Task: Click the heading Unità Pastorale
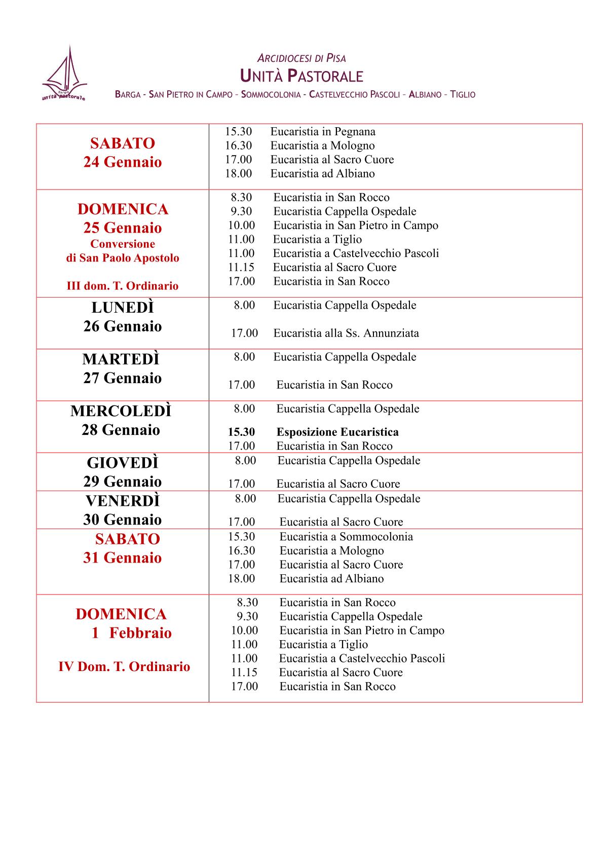pyautogui.click(x=301, y=76)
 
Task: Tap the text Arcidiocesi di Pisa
pyautogui.click(x=301, y=58)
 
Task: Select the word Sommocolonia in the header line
pyautogui.click(x=271, y=94)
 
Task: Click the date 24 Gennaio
pyautogui.click(x=123, y=162)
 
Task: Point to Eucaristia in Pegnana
pyautogui.click(x=323, y=132)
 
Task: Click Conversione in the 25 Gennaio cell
pyautogui.click(x=123, y=244)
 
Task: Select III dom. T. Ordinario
pyautogui.click(x=123, y=286)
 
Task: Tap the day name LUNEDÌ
pyautogui.click(x=123, y=308)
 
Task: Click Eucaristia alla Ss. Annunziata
pyautogui.click(x=346, y=333)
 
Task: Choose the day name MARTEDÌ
pyautogui.click(x=121, y=359)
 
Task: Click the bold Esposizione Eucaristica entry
pyautogui.click(x=337, y=432)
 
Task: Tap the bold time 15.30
pyautogui.click(x=241, y=432)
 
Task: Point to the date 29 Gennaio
pyautogui.click(x=123, y=481)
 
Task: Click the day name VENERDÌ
pyautogui.click(x=123, y=501)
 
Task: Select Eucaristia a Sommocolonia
pyautogui.click(x=346, y=537)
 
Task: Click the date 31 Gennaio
pyautogui.click(x=123, y=558)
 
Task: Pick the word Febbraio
pyautogui.click(x=140, y=633)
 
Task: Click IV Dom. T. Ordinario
pyautogui.click(x=124, y=666)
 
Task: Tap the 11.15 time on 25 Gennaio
pyautogui.click(x=241, y=268)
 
